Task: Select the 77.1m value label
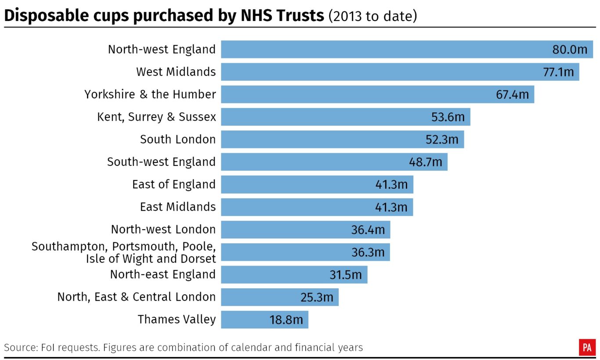coord(558,72)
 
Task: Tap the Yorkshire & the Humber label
coord(150,94)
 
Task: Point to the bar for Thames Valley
coord(246,320)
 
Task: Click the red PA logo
coord(587,347)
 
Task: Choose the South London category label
coord(178,140)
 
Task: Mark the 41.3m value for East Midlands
coord(391,207)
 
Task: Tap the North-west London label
coord(163,230)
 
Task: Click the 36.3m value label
coord(368,252)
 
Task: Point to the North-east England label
coord(163,274)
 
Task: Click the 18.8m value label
coord(286,320)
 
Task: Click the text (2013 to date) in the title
coord(372,17)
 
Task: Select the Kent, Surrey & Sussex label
coord(156,117)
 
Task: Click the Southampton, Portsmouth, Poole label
coord(123,247)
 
